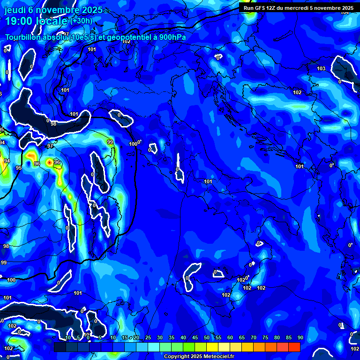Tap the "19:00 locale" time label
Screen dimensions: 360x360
point(37,21)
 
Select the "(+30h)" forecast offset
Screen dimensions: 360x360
point(82,21)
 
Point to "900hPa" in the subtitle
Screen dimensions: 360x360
point(172,37)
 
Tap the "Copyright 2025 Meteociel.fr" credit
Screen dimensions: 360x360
point(199,356)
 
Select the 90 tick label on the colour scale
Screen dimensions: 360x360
point(300,337)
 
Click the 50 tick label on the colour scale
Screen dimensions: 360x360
point(207,337)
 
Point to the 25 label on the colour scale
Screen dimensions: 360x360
point(148,337)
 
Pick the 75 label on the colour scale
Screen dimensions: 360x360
point(265,337)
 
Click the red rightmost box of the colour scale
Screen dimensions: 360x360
point(294,347)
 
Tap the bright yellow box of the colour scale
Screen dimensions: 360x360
point(212,347)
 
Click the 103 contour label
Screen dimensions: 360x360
point(321,69)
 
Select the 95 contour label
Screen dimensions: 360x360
point(19,168)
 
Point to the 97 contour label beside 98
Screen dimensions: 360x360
point(50,146)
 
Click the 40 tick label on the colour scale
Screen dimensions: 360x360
point(183,337)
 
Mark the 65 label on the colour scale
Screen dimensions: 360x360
point(242,337)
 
